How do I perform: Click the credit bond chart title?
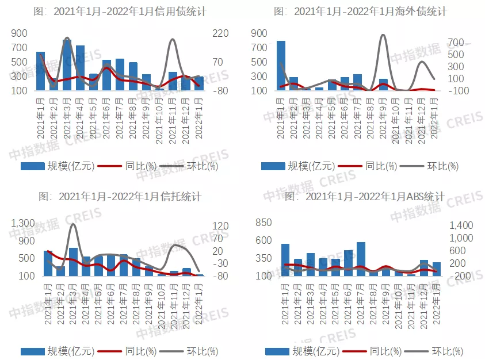[x=120, y=12]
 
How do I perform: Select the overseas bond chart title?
[x=360, y=12]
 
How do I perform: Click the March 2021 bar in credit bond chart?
[x=67, y=64]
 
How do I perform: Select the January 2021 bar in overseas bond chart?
[x=281, y=66]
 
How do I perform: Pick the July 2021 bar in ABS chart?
[x=361, y=259]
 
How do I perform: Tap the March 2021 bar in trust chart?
[x=74, y=262]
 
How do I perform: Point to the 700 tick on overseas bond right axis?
[x=456, y=43]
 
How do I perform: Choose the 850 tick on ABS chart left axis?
[x=263, y=223]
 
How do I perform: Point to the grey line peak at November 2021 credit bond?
[x=173, y=40]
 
